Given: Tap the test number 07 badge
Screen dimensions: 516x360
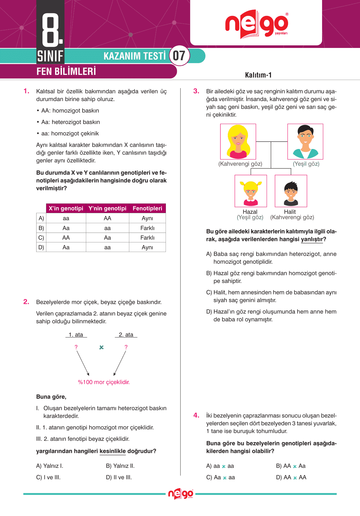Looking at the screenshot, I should click(x=179, y=56).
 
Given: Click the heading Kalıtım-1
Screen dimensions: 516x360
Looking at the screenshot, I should click(x=258, y=75).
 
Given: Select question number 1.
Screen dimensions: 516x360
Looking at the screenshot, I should click(x=27, y=91).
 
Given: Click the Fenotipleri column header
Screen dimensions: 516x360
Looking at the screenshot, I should click(x=147, y=208).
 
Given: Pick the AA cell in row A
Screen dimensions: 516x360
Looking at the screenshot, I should click(x=108, y=218).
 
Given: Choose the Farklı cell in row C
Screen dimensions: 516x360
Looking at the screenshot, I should click(x=147, y=238).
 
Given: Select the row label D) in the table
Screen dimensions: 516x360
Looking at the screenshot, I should click(x=41, y=247).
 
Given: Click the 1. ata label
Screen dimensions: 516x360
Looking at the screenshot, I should click(x=76, y=335).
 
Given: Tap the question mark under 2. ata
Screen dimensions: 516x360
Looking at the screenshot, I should click(x=126, y=347).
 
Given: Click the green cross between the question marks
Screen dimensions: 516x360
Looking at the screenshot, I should click(x=101, y=347).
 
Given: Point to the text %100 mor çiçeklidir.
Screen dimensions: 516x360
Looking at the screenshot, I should click(x=104, y=382).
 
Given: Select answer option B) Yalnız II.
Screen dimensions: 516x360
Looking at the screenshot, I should click(x=120, y=466).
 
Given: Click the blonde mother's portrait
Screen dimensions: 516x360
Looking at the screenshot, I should click(x=238, y=142).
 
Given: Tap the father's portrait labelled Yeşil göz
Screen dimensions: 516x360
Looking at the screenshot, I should click(x=305, y=142).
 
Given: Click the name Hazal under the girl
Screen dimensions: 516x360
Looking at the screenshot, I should click(x=250, y=212).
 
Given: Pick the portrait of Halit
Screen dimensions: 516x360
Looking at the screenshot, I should click(x=291, y=191).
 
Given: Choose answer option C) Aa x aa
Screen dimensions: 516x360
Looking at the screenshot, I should click(x=220, y=477).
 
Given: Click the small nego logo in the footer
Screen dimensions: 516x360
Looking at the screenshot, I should click(x=180, y=494).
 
